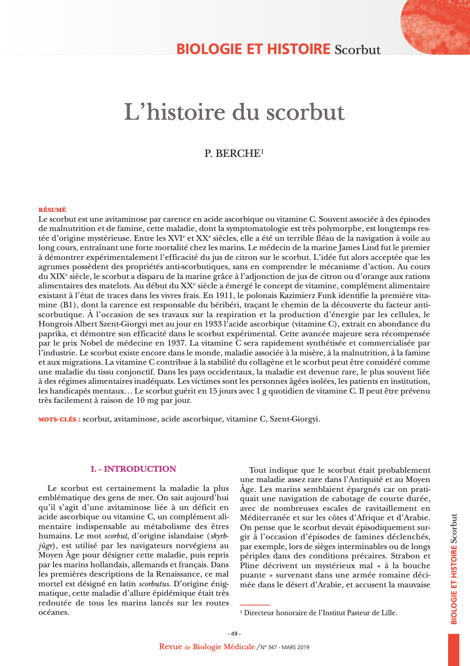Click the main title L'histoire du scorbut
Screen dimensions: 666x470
pyautogui.click(x=235, y=112)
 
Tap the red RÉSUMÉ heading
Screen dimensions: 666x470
pyautogui.click(x=52, y=210)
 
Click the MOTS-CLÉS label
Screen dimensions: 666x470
pyautogui.click(x=59, y=419)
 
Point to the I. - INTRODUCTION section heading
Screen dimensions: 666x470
pyautogui.click(x=134, y=469)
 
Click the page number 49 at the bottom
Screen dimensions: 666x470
pyautogui.click(x=234, y=633)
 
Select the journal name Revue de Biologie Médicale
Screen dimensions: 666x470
pyautogui.click(x=207, y=646)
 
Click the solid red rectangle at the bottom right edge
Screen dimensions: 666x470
pyautogui.click(x=453, y=649)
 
